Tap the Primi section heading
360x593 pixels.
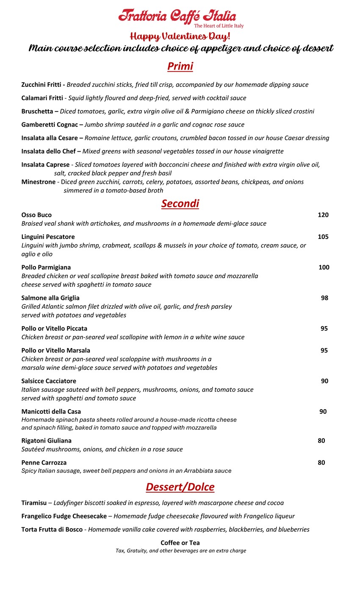coord(180,67)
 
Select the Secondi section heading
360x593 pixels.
coord(180,204)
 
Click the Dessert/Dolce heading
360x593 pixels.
coord(180,487)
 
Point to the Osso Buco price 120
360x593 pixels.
coord(323,215)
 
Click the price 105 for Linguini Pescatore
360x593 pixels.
coord(323,237)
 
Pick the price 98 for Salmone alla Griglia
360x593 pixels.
coord(324,298)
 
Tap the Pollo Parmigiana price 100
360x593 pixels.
coord(324,267)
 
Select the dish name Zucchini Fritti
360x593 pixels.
coord(42,85)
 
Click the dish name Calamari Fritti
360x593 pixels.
coord(42,98)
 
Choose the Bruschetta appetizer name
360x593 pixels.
coord(38,111)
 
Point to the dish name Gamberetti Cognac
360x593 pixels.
coord(50,125)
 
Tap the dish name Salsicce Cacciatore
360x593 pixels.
coord(49,381)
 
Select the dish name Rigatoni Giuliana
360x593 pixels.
coord(46,441)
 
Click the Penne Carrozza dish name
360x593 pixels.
coord(44,463)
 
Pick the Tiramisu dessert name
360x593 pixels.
coord(34,503)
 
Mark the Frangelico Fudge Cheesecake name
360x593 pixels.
coord(64,516)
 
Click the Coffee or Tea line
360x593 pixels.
coord(180,543)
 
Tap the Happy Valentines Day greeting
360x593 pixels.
coord(180,36)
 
